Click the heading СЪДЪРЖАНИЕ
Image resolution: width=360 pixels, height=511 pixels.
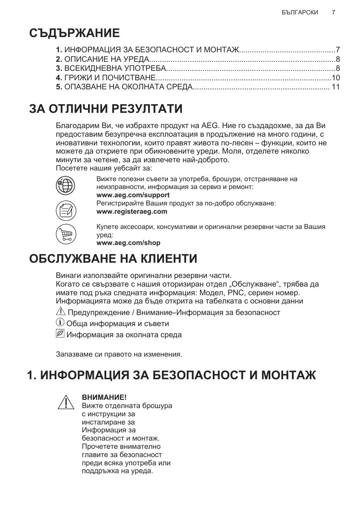tap(74, 33)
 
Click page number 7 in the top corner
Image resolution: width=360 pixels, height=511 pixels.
tap(333, 12)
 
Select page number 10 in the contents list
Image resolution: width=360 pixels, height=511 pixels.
tap(336, 77)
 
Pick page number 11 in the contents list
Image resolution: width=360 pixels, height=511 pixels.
tap(336, 87)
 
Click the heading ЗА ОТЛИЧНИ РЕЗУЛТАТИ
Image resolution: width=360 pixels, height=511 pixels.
tap(106, 109)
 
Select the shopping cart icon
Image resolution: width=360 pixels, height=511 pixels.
tap(65, 235)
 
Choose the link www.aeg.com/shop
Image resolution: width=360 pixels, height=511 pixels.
tap(128, 243)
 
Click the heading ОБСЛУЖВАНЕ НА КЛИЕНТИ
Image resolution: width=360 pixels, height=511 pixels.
tap(113, 259)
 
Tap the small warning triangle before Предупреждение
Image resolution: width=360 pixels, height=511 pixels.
tap(60, 312)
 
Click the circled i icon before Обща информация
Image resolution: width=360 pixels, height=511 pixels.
tap(60, 323)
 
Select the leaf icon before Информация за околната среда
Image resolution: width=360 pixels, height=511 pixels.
tap(60, 334)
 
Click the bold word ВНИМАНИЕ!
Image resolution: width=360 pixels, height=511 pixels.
tap(105, 397)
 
